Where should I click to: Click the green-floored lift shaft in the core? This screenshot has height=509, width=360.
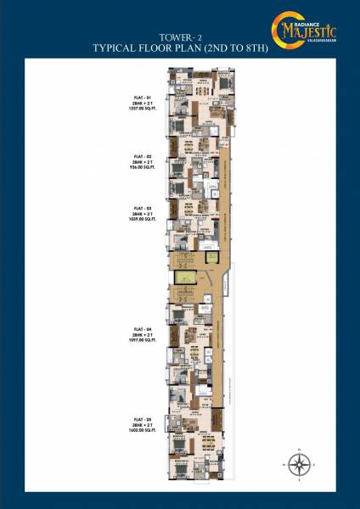182,277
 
